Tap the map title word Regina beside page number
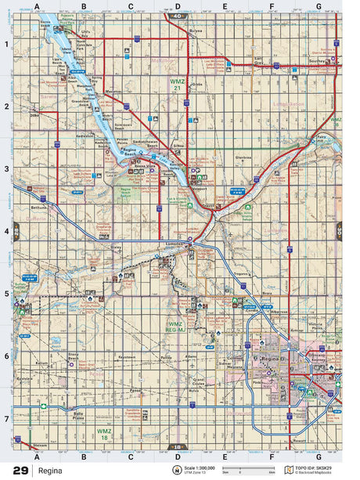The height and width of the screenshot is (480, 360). [x=49, y=471]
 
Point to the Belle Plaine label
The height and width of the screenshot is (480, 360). [x=77, y=413]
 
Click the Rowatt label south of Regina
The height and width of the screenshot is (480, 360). [x=298, y=440]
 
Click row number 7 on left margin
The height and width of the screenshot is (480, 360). [x=6, y=419]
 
